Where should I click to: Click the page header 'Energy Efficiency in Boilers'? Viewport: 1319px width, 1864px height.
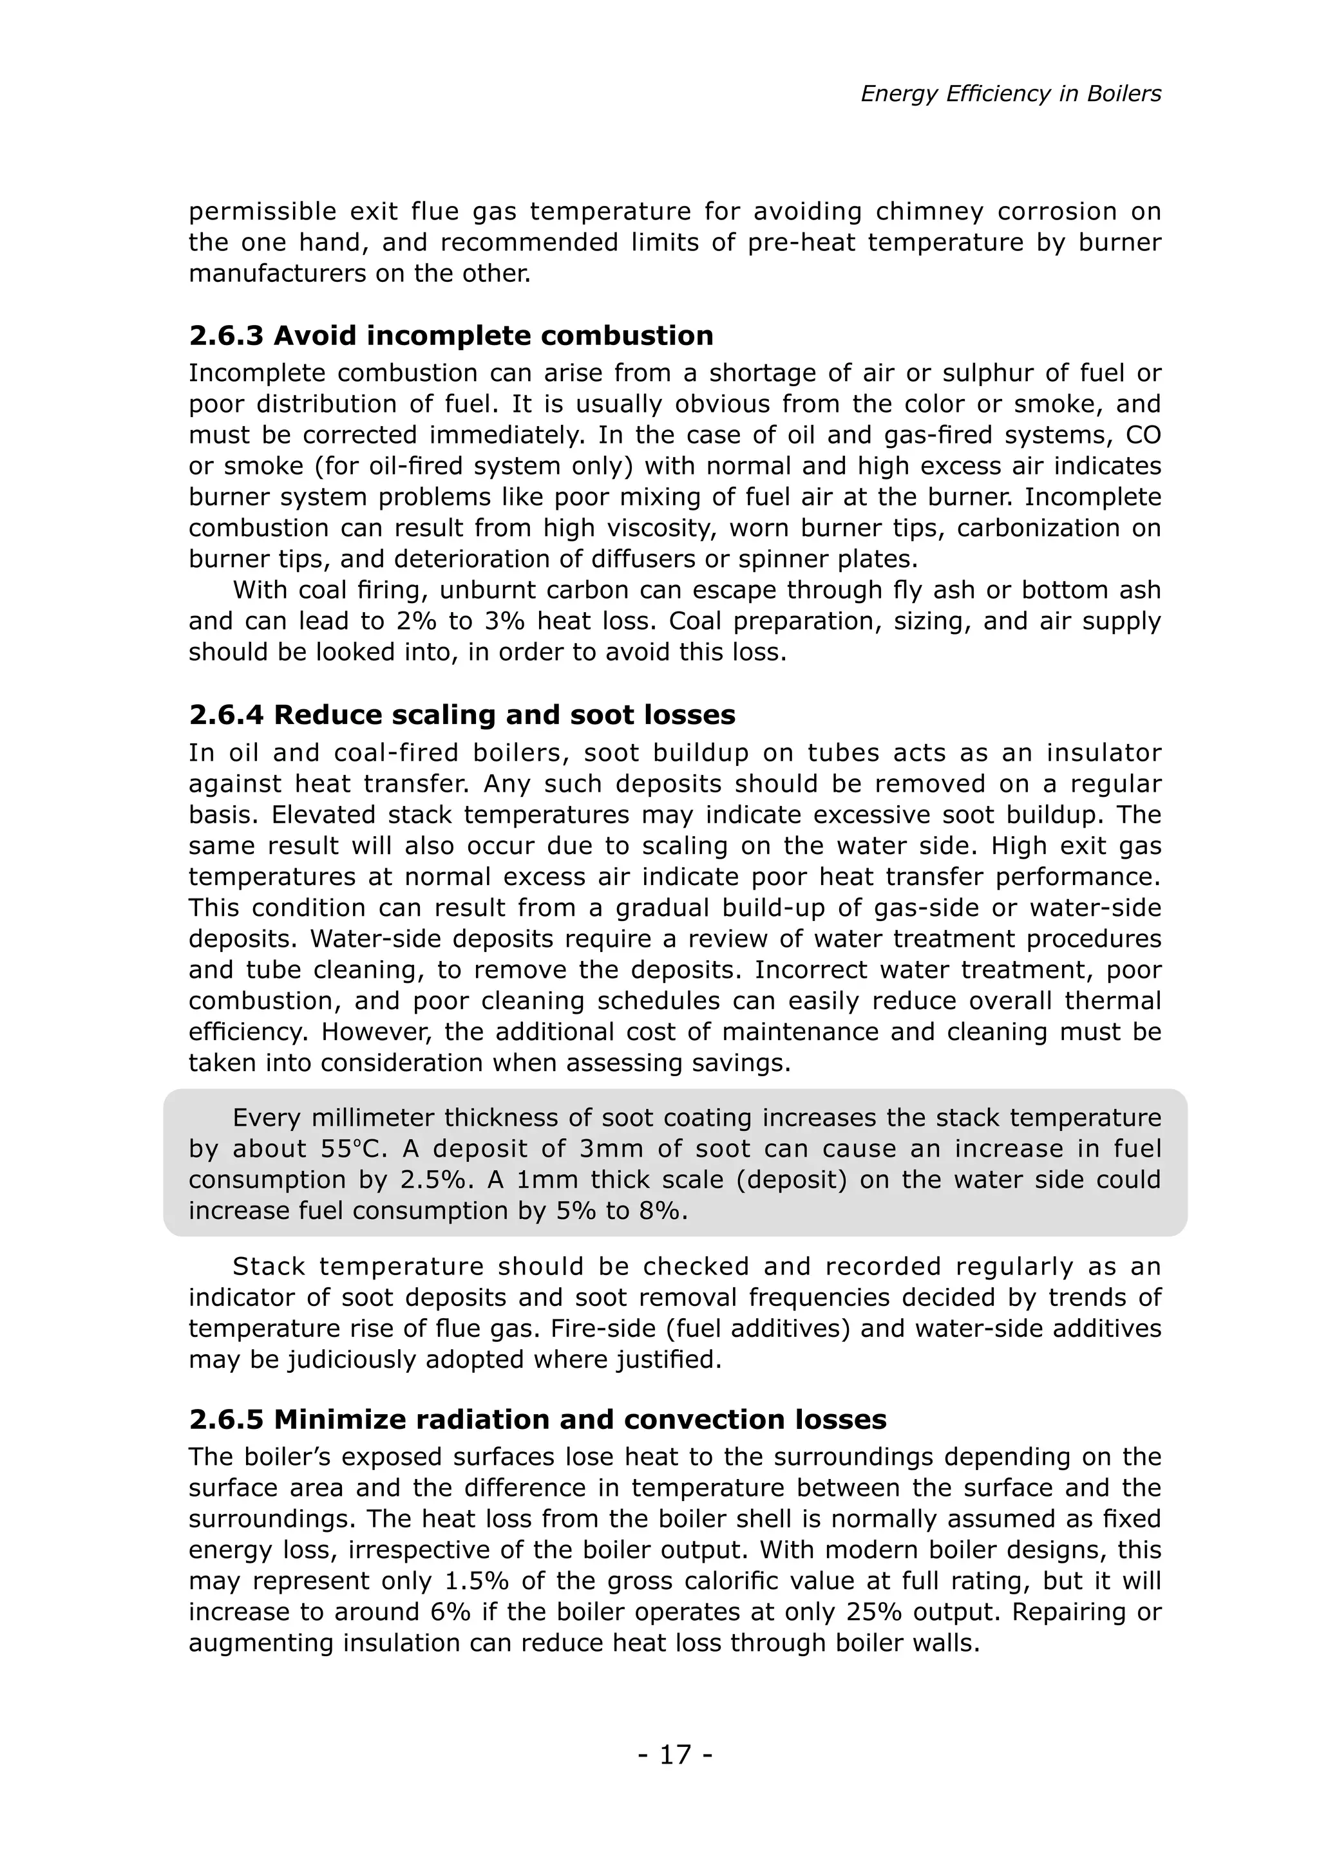point(1011,94)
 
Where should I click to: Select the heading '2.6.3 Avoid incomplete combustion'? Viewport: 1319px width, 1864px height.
point(451,335)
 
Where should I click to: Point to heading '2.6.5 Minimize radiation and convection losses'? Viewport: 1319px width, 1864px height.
point(537,1419)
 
